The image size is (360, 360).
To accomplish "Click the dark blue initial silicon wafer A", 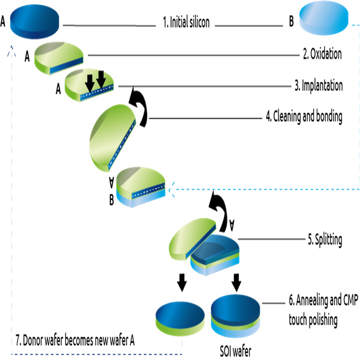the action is pyautogui.click(x=35, y=22).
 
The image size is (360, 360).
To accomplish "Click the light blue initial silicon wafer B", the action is pyautogui.click(x=324, y=18).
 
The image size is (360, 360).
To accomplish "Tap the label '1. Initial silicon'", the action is pyautogui.click(x=186, y=22).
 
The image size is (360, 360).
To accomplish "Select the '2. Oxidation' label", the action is pyautogui.click(x=322, y=54).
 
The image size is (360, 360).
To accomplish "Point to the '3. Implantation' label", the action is pyautogui.click(x=319, y=85).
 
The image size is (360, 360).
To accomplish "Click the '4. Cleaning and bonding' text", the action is pyautogui.click(x=304, y=116).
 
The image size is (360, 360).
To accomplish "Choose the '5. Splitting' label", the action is pyautogui.click(x=325, y=240).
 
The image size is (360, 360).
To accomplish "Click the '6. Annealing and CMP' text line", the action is pyautogui.click(x=323, y=300).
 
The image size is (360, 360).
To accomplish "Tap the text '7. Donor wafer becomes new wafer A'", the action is pyautogui.click(x=75, y=340).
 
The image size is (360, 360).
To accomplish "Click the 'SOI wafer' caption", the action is pyautogui.click(x=236, y=351).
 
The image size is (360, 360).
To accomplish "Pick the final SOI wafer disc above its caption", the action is pyautogui.click(x=236, y=316).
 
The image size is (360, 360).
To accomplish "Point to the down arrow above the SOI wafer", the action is pyautogui.click(x=236, y=283).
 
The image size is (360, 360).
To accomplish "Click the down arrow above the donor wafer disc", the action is pyautogui.click(x=182, y=283).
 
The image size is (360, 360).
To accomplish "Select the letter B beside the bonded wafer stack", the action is pyautogui.click(x=112, y=200).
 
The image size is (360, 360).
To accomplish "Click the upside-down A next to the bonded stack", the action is pyautogui.click(x=112, y=182).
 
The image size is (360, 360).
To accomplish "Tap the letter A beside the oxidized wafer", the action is pyautogui.click(x=27, y=56).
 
